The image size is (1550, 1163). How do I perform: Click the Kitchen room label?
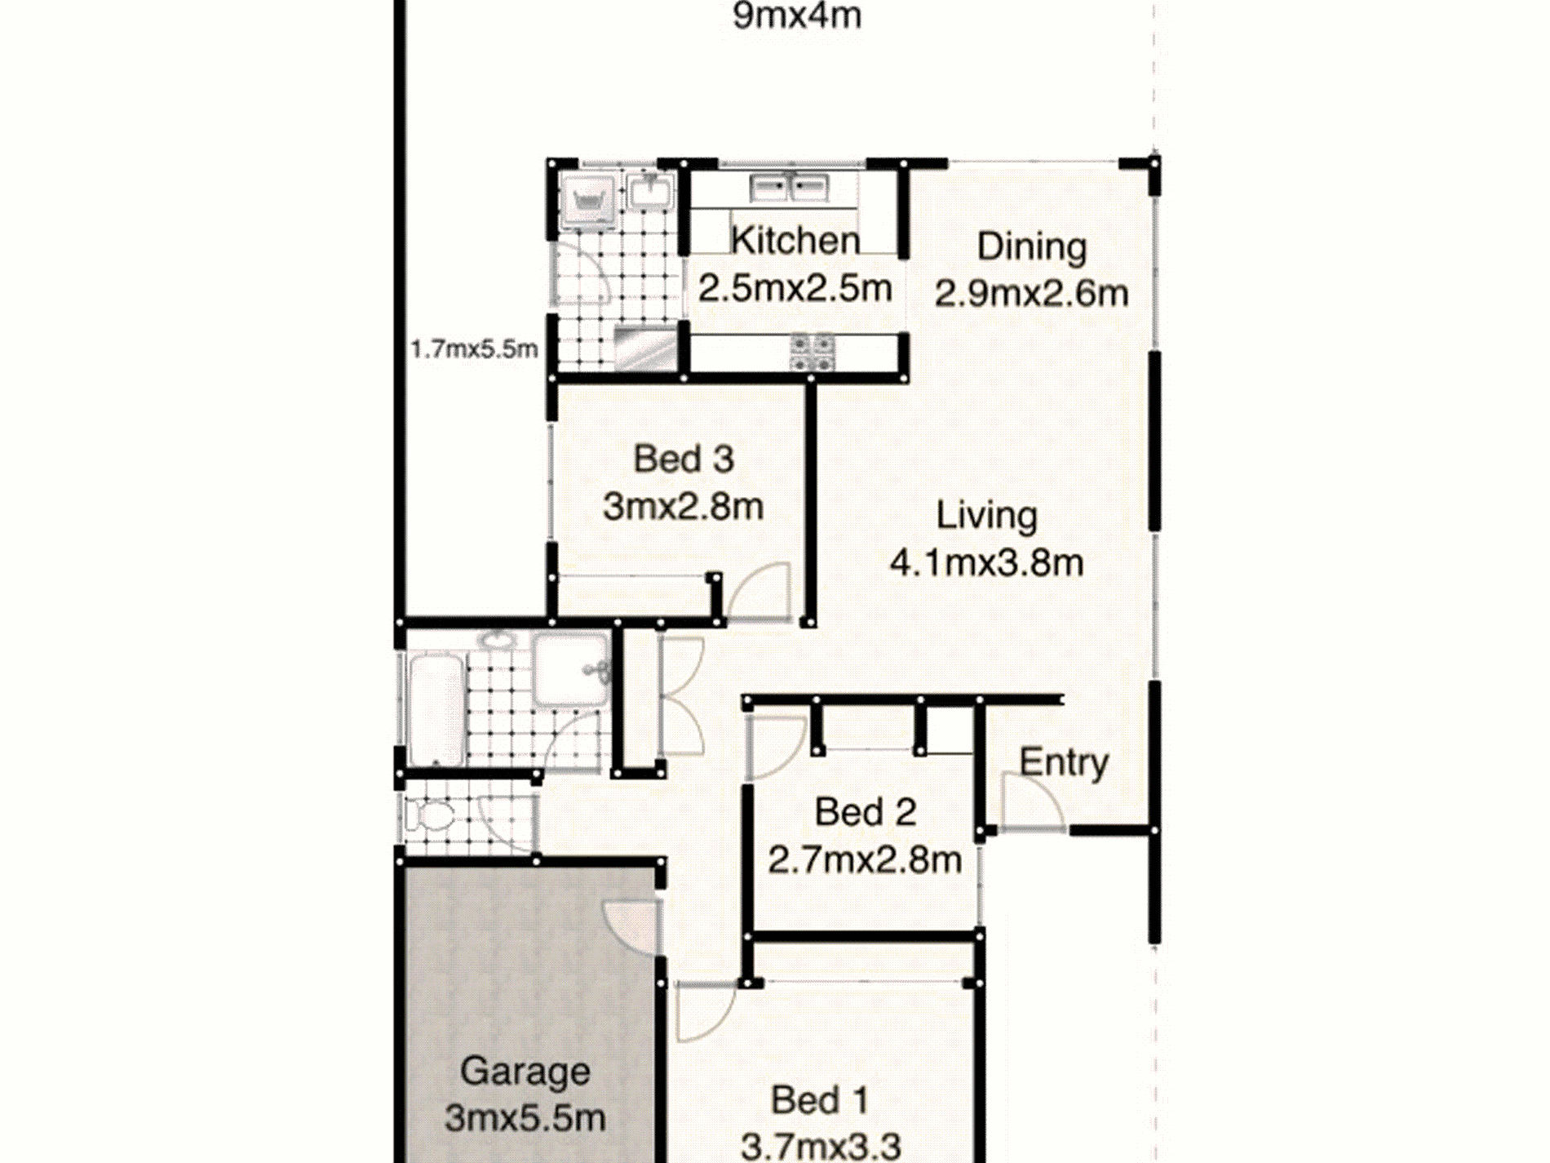[x=795, y=240]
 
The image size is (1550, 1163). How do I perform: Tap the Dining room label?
[x=1032, y=247]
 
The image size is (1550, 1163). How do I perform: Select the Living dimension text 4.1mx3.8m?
[x=986, y=562]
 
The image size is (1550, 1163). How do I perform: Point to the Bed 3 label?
[x=684, y=459]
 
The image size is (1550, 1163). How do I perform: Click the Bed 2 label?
[x=865, y=812]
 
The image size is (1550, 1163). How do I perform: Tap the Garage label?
[x=525, y=1072]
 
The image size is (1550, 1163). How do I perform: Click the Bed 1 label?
[x=820, y=1100]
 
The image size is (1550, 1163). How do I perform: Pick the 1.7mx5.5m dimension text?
[x=474, y=349]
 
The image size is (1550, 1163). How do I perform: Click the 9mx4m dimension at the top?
[x=797, y=16]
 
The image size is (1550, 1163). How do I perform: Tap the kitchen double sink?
[x=789, y=187]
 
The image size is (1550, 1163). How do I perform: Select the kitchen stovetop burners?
[x=812, y=353]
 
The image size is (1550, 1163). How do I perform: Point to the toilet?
[x=430, y=815]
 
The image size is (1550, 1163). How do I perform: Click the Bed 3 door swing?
[x=759, y=593]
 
